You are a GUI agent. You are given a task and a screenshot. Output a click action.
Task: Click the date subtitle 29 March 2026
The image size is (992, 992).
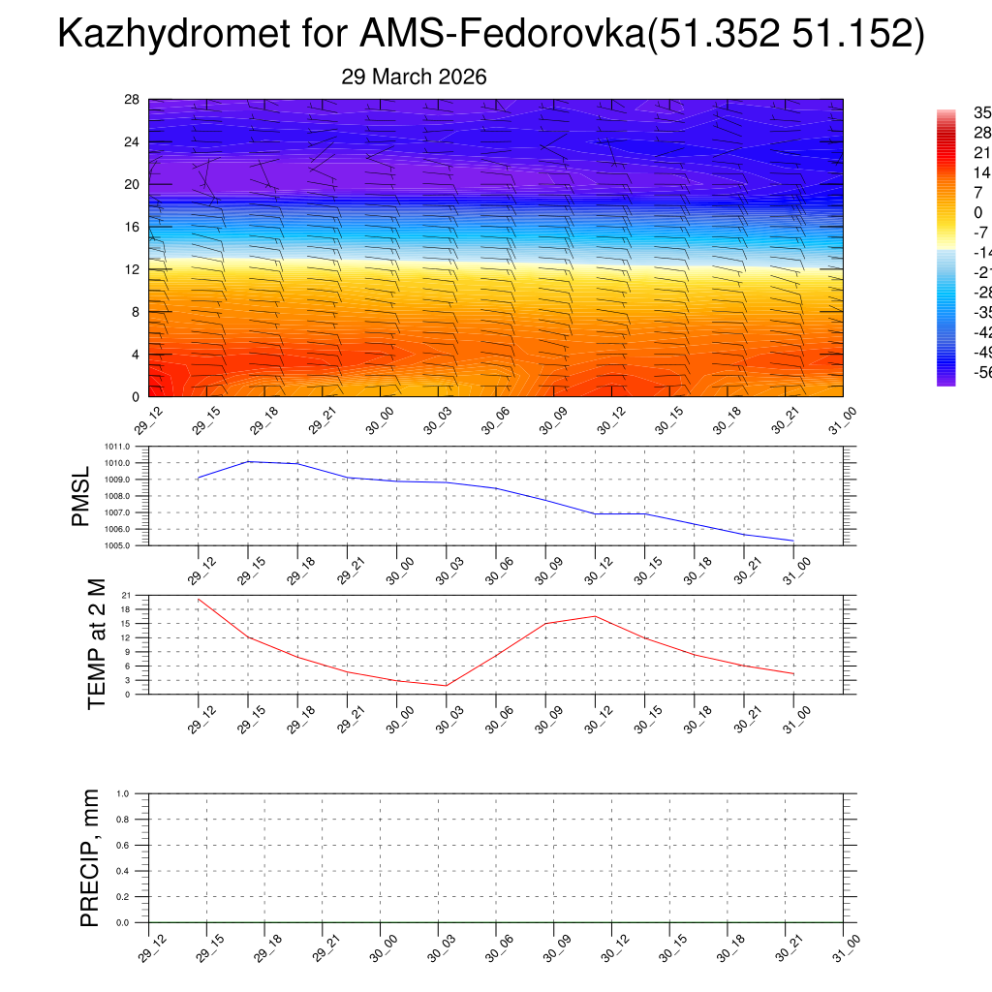coord(414,77)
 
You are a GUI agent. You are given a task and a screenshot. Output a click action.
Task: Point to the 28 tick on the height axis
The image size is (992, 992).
coord(132,100)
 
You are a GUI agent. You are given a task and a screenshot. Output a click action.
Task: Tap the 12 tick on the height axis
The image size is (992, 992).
coord(132,269)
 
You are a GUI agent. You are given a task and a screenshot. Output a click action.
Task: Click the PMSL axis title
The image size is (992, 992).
coord(80,496)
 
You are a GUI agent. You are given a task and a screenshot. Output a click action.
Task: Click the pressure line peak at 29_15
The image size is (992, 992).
coord(248,461)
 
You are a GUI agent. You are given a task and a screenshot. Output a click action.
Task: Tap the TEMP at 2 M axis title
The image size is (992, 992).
coord(96,644)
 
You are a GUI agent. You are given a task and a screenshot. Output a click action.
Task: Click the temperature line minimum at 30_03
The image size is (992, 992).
coord(447,686)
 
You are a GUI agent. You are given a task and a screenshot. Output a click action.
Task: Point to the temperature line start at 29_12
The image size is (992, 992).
coord(199,599)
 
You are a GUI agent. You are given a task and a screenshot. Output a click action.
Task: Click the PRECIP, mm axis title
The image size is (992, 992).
coord(90,857)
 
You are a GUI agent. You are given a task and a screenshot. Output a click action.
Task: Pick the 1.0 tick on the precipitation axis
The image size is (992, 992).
coord(123,793)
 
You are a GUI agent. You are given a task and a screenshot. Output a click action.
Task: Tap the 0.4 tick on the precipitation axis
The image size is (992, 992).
coord(123,871)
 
